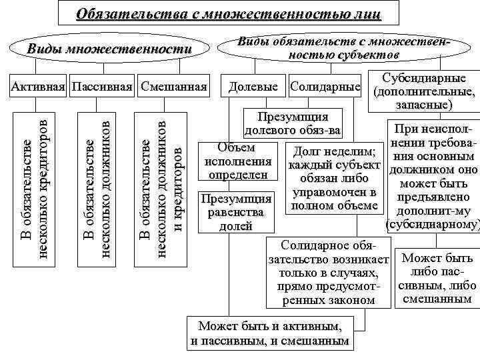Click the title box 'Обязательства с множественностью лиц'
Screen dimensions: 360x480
point(229,13)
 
